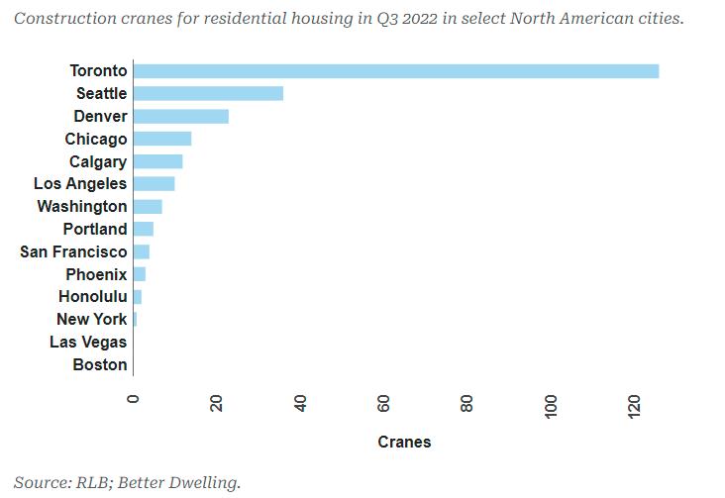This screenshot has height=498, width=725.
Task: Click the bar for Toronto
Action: tap(396, 70)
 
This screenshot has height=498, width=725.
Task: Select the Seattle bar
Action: tap(208, 93)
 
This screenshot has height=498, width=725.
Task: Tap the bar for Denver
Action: tap(181, 116)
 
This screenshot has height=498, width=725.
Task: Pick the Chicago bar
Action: tap(162, 139)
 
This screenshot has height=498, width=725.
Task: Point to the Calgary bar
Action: tap(158, 161)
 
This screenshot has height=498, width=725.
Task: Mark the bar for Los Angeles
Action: tap(155, 183)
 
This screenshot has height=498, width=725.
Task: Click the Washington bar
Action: tap(148, 206)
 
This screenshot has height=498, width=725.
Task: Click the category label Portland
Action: tap(95, 229)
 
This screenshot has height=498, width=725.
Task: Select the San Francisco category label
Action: tap(73, 251)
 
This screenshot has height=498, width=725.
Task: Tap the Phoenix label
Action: tap(96, 274)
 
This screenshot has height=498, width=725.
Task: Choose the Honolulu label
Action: tap(93, 297)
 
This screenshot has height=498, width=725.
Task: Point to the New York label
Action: tap(92, 319)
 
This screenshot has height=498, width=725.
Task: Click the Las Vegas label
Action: tap(88, 342)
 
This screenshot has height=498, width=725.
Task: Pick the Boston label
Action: tap(100, 364)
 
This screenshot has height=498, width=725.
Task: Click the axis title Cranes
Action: tap(404, 442)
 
